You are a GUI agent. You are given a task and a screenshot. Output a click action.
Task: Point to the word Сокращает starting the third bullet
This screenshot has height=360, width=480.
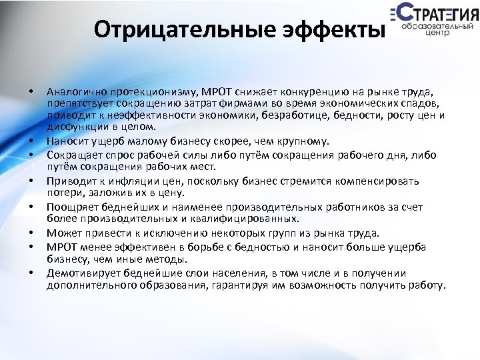pos(69,155)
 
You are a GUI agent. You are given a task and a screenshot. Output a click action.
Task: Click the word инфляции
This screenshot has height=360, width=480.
pos(127,181)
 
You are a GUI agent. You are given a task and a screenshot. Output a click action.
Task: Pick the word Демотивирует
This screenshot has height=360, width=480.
pos(76,273)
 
